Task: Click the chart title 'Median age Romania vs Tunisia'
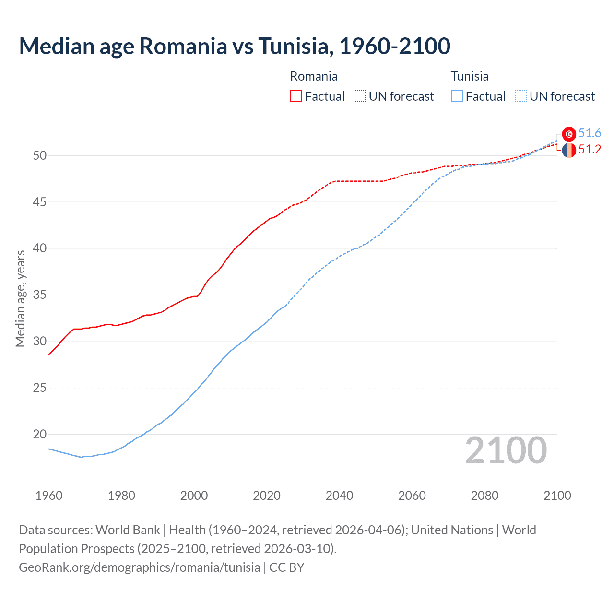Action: pos(235,46)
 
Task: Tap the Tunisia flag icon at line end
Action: pos(569,134)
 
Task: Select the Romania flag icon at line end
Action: pos(569,150)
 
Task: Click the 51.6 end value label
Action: pos(590,133)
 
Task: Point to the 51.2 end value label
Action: pos(590,150)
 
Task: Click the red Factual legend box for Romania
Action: pos(296,96)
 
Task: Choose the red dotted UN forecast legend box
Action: pos(360,96)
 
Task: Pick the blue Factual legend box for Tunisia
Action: pos(457,96)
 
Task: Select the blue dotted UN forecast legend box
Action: pos(521,96)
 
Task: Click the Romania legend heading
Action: pos(314,76)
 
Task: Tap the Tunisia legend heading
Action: pos(470,76)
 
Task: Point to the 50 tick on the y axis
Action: pos(40,155)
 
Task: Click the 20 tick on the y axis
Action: pos(40,434)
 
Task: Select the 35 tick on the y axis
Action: pos(40,295)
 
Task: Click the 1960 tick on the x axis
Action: pos(49,496)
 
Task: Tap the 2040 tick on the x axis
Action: pos(339,496)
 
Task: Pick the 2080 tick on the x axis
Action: pos(484,496)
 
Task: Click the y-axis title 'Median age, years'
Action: pos(20,298)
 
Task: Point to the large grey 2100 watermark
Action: pos(506,450)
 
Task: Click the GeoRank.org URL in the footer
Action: pos(140,567)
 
